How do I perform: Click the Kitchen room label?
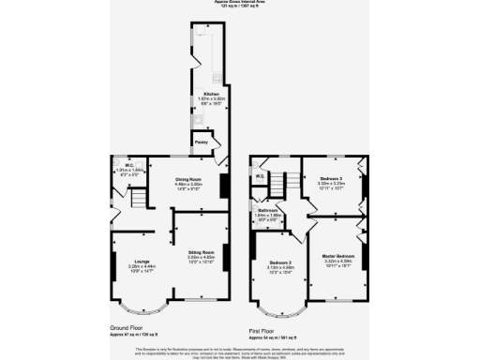click(x=205, y=94)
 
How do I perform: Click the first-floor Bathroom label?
click(x=270, y=211)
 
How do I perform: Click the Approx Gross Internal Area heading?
click(x=240, y=3)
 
